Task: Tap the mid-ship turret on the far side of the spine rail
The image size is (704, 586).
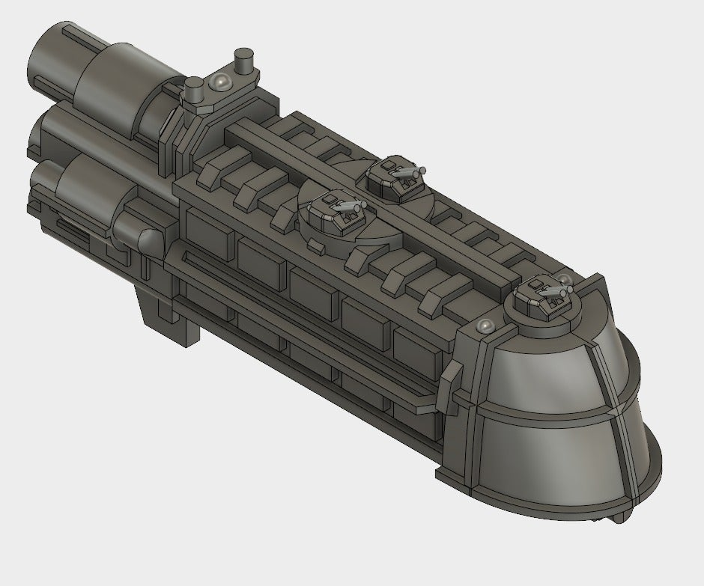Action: (x=397, y=178)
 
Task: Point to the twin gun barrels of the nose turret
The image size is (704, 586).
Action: (x=558, y=287)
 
